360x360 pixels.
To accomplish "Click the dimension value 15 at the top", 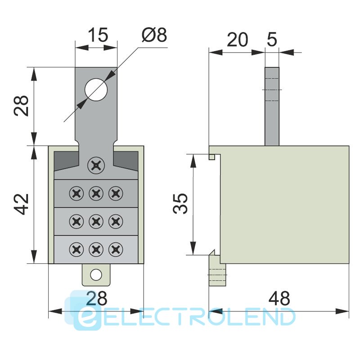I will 97,35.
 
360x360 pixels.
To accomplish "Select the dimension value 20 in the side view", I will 237,40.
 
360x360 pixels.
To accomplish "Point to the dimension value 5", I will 272,40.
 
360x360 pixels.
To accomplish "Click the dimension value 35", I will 180,204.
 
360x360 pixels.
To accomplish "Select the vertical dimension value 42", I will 22,204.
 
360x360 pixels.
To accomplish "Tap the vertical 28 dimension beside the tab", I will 22,106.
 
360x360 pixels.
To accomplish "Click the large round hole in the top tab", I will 96,89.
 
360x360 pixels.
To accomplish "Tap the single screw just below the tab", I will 95,166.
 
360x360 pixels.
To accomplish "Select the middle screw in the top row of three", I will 95,194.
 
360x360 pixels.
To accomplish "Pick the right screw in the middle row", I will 116,221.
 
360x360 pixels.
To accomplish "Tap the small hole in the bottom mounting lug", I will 95,274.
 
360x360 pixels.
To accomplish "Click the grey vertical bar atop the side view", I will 272,106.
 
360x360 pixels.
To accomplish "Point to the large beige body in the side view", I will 283,205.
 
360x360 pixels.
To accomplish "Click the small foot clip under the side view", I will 218,270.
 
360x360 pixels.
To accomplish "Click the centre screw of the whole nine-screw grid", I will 95,221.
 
